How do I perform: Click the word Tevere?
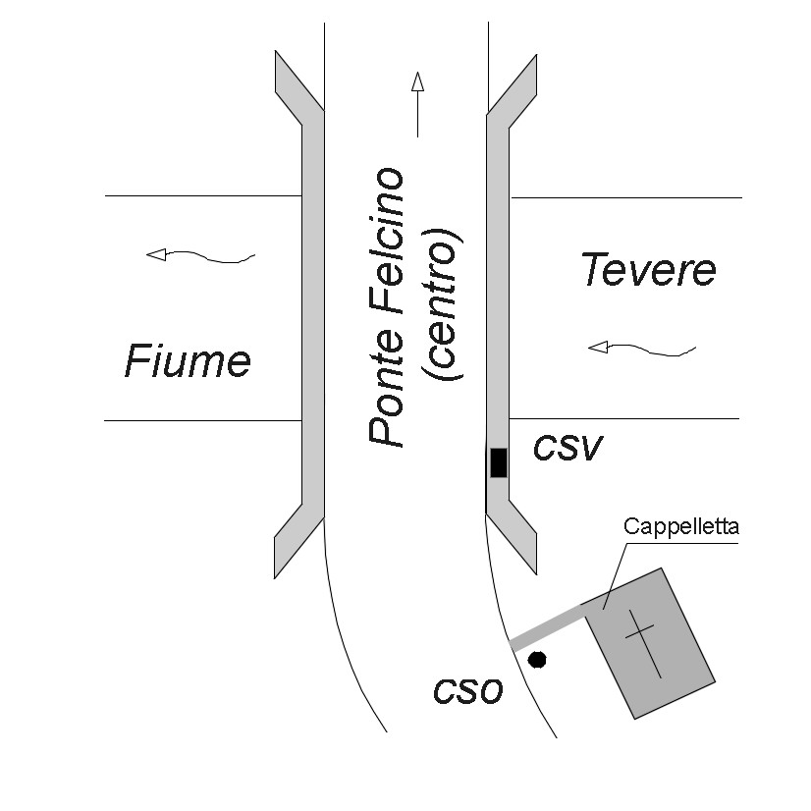pos(648,270)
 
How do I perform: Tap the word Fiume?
pos(188,362)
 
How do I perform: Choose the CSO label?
pos(468,691)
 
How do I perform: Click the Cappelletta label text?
pos(680,527)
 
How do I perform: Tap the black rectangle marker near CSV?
pos(499,461)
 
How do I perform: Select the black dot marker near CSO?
pos(537,659)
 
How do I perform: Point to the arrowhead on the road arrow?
pos(417,81)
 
